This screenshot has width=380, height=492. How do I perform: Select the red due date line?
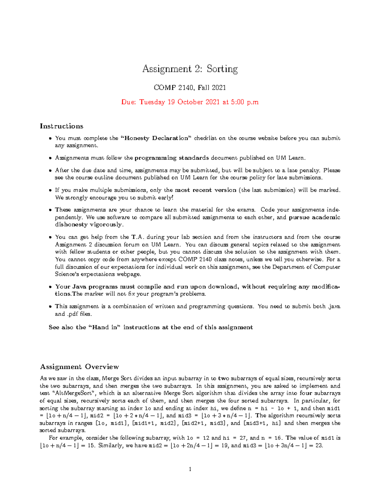coord(190,102)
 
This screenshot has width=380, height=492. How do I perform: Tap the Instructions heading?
coord(61,126)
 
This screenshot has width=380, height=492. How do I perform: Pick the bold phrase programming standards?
coord(172,158)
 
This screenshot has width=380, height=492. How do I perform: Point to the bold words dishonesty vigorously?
coord(89,225)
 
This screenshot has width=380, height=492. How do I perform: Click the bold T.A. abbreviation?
coord(138,237)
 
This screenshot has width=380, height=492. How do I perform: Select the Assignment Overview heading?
coord(79,367)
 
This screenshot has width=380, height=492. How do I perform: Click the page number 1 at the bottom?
coord(190,469)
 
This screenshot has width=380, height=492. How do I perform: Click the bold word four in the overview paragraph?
coord(306,393)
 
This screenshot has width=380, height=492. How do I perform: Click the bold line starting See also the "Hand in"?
coord(151,327)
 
